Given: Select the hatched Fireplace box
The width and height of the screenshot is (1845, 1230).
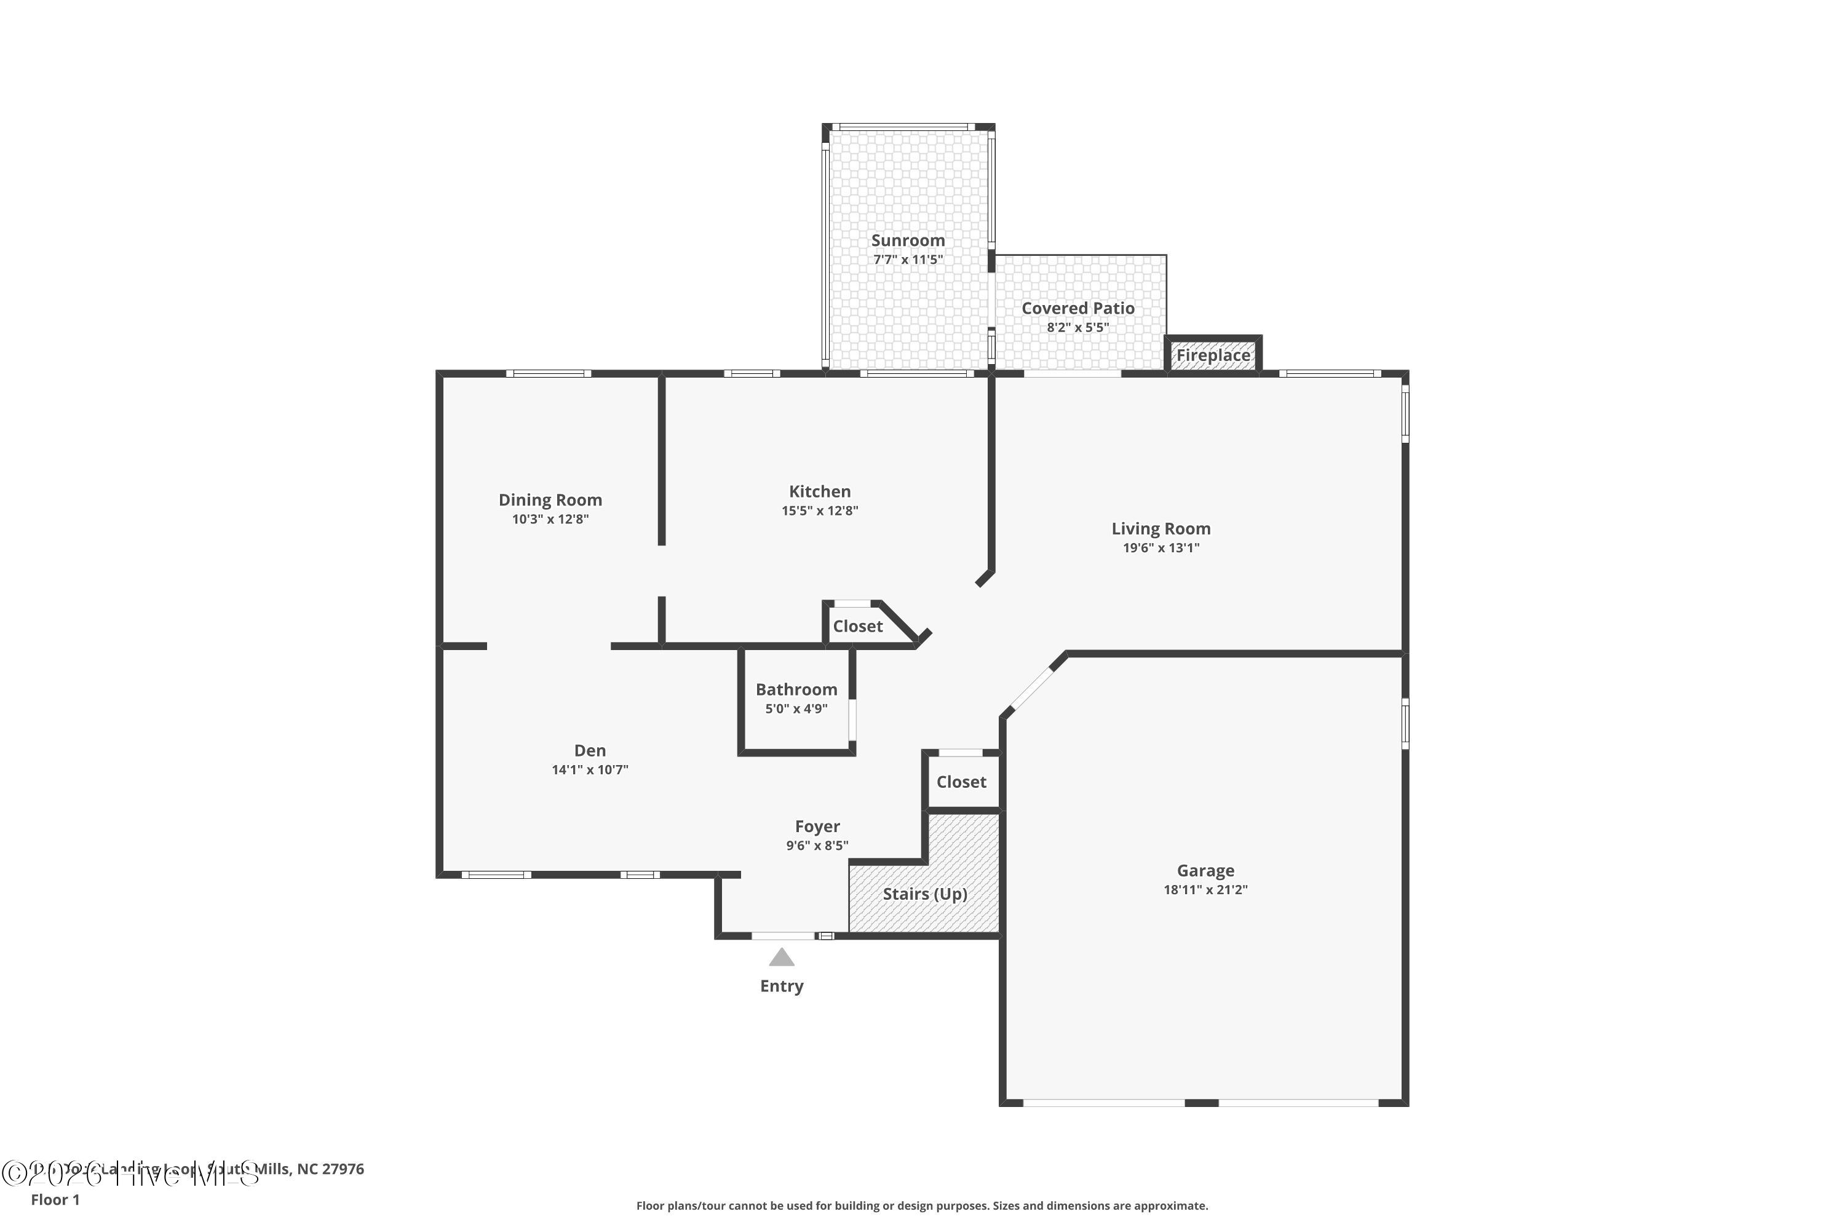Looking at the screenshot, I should (1213, 355).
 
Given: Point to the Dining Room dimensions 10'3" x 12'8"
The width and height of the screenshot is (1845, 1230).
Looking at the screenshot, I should (550, 519).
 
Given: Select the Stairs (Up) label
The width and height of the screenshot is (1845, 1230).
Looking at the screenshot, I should (924, 894).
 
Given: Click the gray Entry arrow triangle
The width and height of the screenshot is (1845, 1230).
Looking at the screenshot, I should (781, 958).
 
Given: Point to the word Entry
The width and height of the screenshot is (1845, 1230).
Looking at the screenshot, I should (781, 986).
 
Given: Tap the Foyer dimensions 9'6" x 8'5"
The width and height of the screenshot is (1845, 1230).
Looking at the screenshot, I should (817, 846).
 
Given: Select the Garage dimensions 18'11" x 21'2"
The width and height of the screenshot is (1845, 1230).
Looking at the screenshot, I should (1205, 889).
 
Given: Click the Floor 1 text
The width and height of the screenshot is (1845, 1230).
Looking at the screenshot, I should (55, 1199).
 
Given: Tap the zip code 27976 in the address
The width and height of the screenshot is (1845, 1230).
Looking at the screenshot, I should (343, 1169).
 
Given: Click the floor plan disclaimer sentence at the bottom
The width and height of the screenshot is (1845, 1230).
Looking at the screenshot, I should (922, 1205).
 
